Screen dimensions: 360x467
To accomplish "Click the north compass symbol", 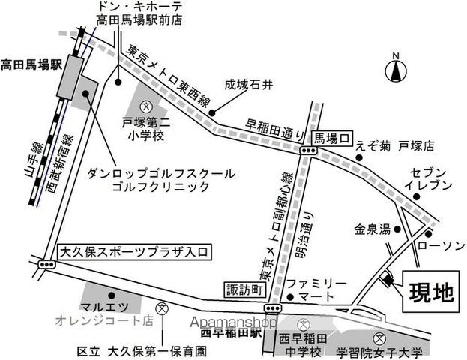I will tap(396, 70).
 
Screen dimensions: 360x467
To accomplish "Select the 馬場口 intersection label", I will tap(332, 137).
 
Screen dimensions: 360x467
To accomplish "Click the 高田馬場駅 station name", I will tap(30, 64).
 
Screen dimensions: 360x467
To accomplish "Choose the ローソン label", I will tap(433, 243).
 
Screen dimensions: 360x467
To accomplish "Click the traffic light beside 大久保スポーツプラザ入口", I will tap(47, 264).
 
